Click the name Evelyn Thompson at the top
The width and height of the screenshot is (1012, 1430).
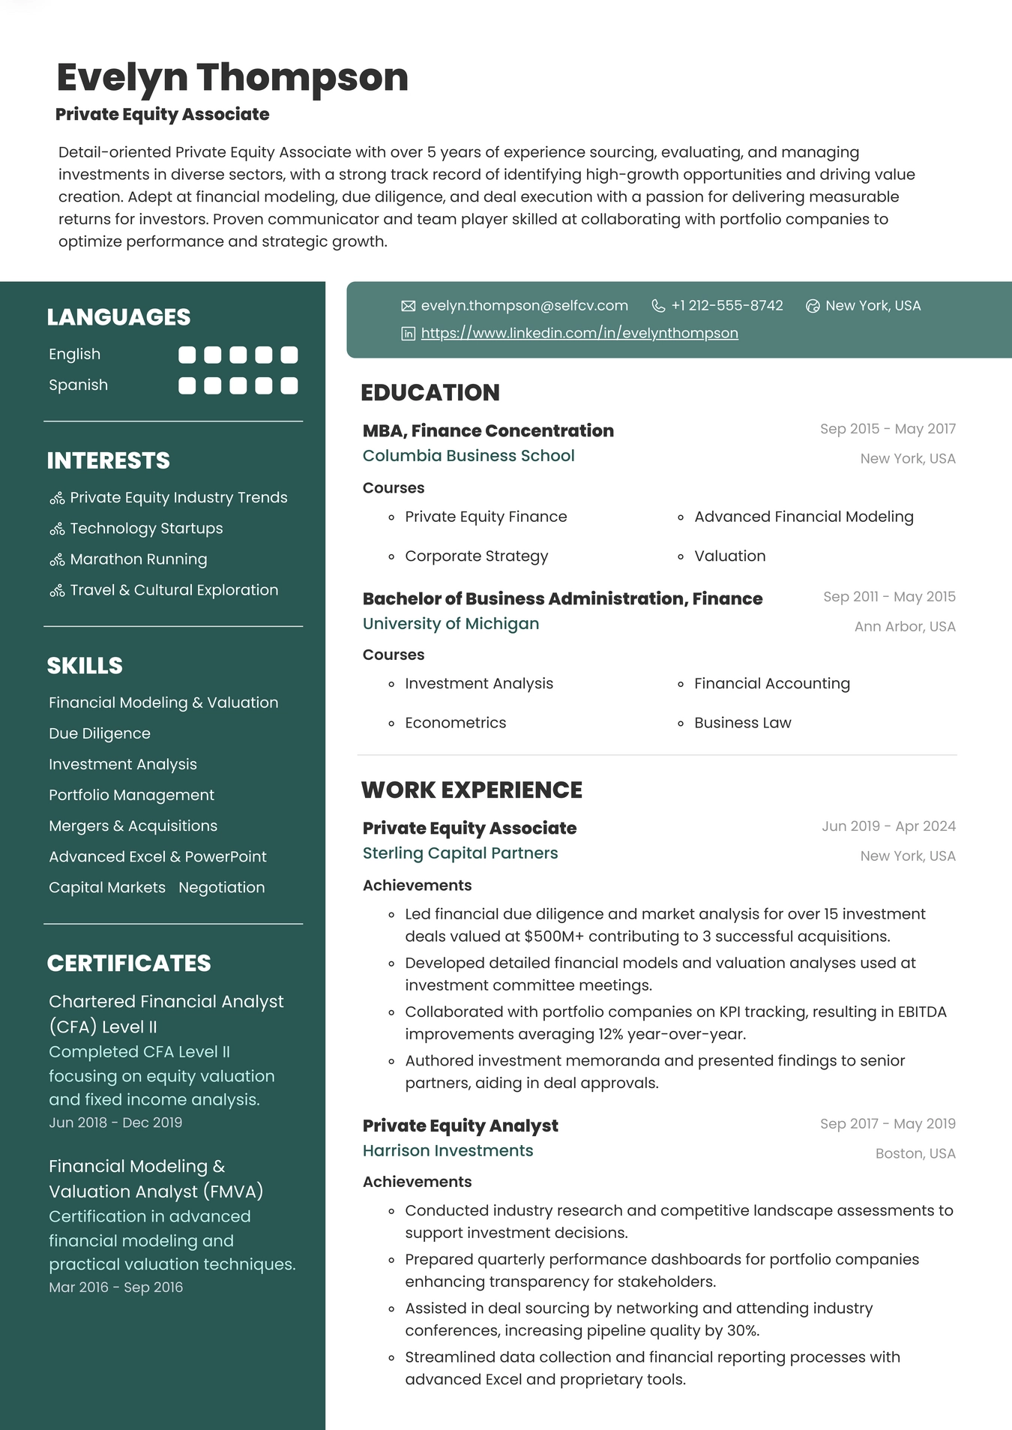pos(232,77)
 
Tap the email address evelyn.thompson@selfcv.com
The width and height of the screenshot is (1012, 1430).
pos(524,306)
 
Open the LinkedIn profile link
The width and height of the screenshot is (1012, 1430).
pos(579,333)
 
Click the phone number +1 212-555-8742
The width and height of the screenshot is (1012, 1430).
pos(726,306)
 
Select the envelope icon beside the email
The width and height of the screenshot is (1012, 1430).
pos(408,306)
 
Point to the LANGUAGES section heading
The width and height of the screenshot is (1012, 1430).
pos(118,317)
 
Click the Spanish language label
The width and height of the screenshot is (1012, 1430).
pos(78,385)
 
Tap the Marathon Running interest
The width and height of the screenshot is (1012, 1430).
pos(138,559)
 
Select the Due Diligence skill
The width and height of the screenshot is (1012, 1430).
pos(99,733)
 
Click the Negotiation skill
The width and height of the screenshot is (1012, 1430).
pos(221,888)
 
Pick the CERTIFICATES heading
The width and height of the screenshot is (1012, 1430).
pos(129,964)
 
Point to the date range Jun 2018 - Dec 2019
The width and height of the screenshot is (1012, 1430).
pos(115,1123)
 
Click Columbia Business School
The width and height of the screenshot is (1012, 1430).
pos(469,456)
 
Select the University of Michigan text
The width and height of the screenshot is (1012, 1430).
pos(451,624)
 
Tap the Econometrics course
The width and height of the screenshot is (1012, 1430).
pos(455,723)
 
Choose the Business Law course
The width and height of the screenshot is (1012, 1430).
pos(742,723)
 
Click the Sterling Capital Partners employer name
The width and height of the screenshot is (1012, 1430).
pos(460,853)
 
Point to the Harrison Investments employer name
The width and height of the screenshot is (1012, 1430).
pos(448,1151)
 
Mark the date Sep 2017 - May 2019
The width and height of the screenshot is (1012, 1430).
pos(888,1124)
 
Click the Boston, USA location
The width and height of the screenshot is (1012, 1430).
pos(915,1154)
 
